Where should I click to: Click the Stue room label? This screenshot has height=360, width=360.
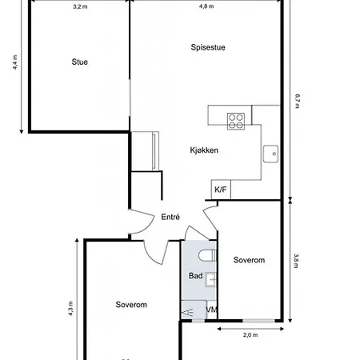click(79, 62)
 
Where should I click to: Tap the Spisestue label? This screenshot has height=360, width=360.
click(208, 47)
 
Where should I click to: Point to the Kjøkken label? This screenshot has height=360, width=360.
click(204, 150)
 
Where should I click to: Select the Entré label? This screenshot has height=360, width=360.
click(170, 217)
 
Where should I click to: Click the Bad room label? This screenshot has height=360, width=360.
click(195, 276)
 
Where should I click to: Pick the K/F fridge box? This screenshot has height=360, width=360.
click(221, 190)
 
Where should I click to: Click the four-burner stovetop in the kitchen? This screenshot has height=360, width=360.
click(236, 121)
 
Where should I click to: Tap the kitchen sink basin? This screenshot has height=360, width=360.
click(270, 154)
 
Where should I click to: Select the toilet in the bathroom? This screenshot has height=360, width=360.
click(207, 255)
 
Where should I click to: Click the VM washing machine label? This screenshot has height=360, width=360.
click(211, 310)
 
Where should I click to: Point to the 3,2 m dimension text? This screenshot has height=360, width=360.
click(80, 6)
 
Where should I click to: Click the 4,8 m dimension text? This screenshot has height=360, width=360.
click(206, 6)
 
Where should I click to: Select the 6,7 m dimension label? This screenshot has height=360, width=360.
click(298, 101)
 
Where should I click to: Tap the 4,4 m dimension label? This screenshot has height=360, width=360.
click(15, 62)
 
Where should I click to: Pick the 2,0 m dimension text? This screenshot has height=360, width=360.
click(250, 335)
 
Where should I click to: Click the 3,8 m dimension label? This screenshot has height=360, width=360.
click(296, 261)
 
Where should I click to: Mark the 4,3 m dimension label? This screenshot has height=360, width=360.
click(70, 309)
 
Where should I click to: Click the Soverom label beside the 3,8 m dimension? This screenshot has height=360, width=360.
click(249, 260)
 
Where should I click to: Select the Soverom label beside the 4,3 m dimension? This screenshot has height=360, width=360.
click(131, 305)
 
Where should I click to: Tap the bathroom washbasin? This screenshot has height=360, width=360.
click(210, 280)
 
